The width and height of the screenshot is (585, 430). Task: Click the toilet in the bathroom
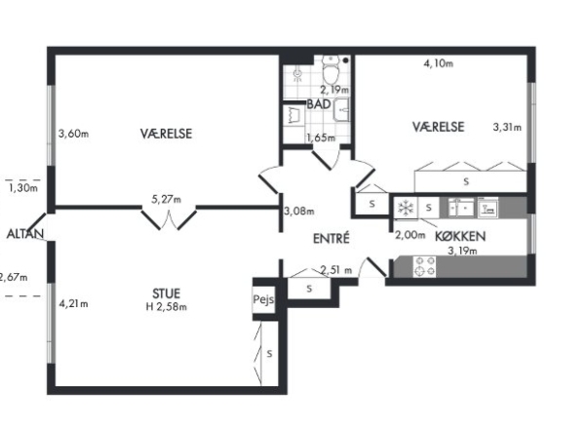pyautogui.click(x=331, y=69)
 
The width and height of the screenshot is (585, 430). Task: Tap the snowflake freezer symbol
pyautogui.click(x=406, y=209)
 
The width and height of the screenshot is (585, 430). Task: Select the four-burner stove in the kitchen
pyautogui.click(x=424, y=266)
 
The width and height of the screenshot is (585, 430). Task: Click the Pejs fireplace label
pyautogui.click(x=263, y=299)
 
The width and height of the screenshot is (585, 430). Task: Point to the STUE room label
pyautogui.click(x=167, y=293)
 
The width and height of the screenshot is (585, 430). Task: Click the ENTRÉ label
pyautogui.click(x=331, y=238)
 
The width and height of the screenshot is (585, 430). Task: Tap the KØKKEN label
pyautogui.click(x=460, y=236)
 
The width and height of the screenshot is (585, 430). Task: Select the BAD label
pyautogui.click(x=319, y=104)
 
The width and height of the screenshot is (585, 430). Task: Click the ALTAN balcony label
pyautogui.click(x=25, y=234)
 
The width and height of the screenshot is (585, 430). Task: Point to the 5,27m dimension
pyautogui.click(x=166, y=199)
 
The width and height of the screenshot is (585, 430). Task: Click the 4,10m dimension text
pyautogui.click(x=439, y=63)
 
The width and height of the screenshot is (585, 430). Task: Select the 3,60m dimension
pyautogui.click(x=74, y=134)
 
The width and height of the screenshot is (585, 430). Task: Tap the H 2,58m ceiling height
pyautogui.click(x=167, y=307)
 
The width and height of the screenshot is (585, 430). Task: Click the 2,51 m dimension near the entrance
pyautogui.click(x=336, y=270)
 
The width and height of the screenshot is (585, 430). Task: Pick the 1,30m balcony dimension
pyautogui.click(x=23, y=188)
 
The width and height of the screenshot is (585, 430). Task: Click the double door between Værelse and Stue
pyautogui.click(x=169, y=219)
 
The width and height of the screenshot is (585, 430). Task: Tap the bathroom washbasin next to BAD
pyautogui.click(x=341, y=110)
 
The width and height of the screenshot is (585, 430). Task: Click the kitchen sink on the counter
pyautogui.click(x=461, y=209)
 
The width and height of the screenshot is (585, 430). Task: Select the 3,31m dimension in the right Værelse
pyautogui.click(x=507, y=128)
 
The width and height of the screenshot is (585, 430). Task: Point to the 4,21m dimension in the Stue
pyautogui.click(x=73, y=304)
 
